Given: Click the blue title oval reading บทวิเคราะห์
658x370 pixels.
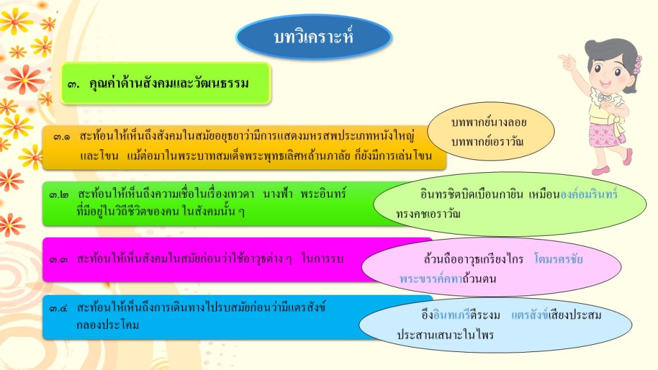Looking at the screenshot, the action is coord(314,37).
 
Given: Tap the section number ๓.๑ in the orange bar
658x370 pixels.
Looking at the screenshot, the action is coord(62,137).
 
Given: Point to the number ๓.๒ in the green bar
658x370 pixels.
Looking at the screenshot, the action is coord(58,195).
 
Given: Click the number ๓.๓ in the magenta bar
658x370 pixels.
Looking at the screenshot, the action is coord(58,260).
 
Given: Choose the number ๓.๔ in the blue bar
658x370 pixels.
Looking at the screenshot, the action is coord(58,309).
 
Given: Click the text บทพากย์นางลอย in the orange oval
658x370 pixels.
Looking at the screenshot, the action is coord(488,123).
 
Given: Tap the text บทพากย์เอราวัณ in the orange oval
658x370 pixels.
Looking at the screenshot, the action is coord(487,142).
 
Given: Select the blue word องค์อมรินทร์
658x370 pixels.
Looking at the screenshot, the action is coord(589,194).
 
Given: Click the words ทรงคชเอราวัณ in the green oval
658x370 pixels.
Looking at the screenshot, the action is coord(428,214).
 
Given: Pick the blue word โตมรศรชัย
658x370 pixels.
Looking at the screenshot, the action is coord(558,259).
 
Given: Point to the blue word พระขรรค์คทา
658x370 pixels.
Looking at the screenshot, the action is coord(431,279).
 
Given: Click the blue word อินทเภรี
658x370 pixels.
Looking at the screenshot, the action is coord(452,315).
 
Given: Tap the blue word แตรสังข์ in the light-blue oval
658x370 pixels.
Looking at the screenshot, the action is coord(529,315).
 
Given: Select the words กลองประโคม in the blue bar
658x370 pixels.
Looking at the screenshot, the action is coord(107,325).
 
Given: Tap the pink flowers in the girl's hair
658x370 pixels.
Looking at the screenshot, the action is coord(637,65).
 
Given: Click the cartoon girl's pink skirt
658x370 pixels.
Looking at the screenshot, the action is coord(605,134).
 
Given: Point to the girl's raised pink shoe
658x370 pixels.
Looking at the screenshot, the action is coord(628,157).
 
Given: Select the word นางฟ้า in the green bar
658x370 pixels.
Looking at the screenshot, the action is coord(278,194).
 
